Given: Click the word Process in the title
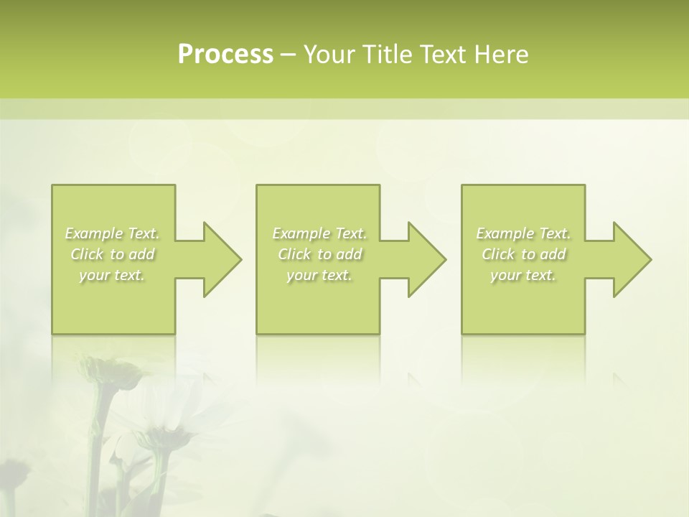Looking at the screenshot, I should (225, 55).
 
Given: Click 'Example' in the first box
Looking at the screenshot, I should (93, 233).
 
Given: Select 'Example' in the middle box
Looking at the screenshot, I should (301, 233).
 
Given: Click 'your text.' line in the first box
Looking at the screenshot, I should (112, 275).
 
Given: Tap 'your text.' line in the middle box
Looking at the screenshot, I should (319, 275).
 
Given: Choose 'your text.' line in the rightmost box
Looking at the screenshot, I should (523, 275).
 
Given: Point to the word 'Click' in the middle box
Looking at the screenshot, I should (294, 254).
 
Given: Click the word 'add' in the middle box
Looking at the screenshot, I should (349, 254).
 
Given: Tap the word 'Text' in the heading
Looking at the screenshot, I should (442, 55).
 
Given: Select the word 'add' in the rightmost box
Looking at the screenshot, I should (553, 254).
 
